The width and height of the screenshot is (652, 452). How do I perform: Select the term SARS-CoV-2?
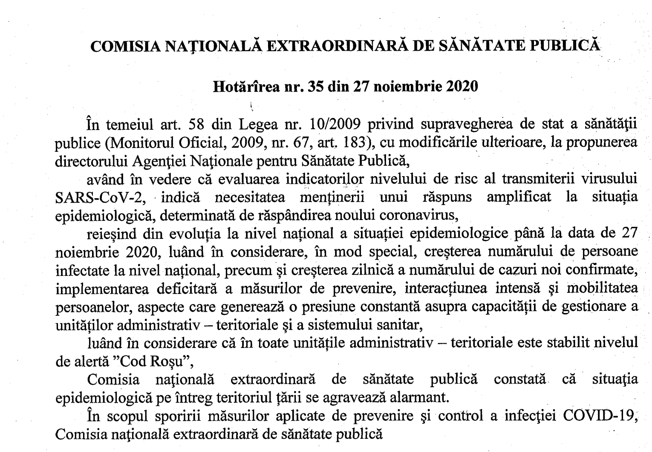[101, 197]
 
